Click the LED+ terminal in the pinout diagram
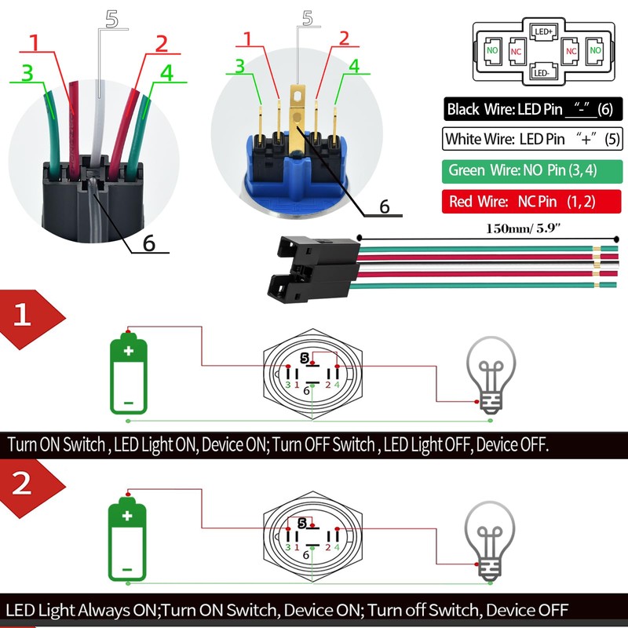coord(544,32)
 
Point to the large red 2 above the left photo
coord(161,44)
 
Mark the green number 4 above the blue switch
coord(354,67)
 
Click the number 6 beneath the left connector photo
coord(148,243)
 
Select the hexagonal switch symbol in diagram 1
coord(313,373)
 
